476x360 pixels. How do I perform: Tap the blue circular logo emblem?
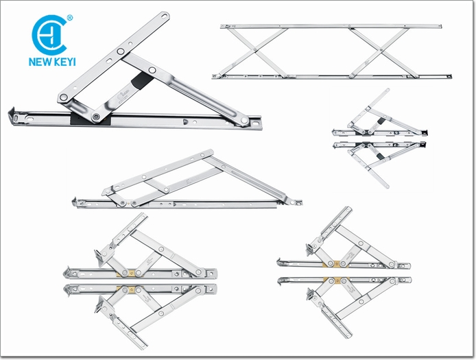(49, 35)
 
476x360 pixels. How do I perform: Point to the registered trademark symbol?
(70, 18)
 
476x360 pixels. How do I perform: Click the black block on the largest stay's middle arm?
(142, 81)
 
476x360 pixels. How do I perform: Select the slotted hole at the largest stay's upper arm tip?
(163, 16)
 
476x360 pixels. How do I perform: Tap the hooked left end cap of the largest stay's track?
(13, 115)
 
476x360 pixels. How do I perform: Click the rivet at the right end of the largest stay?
(244, 120)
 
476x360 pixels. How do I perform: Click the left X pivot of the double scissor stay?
(255, 50)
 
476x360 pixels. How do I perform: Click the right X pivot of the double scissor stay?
(381, 50)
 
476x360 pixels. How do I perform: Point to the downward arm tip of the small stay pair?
(387, 186)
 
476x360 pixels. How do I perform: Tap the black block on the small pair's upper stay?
(381, 122)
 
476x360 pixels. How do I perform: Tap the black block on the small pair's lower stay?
(379, 156)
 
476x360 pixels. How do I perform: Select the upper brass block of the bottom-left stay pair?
(132, 273)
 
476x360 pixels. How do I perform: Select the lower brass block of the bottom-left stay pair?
(131, 289)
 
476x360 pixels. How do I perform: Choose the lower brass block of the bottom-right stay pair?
(336, 281)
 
